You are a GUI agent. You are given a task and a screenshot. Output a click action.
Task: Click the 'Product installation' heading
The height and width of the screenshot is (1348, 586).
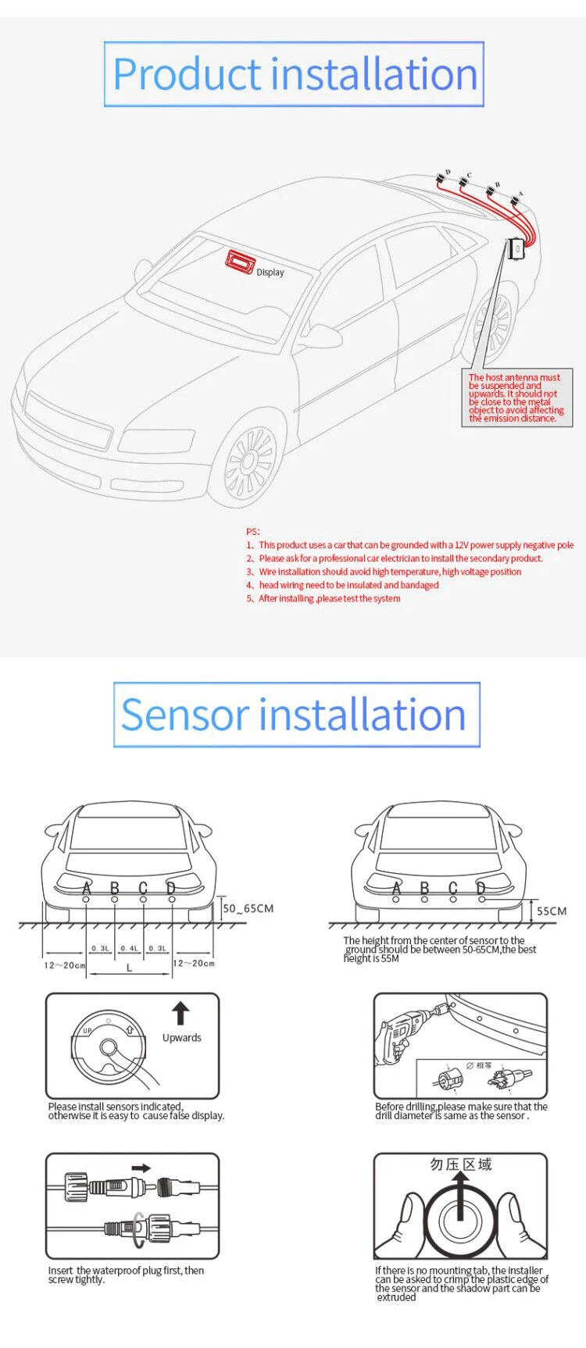pos(294,74)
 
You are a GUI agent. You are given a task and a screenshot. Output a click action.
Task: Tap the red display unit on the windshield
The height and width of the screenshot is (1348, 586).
pos(240,262)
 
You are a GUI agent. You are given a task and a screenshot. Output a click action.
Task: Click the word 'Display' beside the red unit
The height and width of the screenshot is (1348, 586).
pos(270,273)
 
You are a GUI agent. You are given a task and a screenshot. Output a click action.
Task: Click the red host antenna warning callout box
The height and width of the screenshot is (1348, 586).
pos(516,398)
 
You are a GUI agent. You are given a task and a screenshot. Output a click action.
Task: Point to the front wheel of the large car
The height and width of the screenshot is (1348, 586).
pos(249,464)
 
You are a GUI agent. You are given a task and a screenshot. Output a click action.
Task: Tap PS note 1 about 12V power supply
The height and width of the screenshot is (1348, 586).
pos(410,545)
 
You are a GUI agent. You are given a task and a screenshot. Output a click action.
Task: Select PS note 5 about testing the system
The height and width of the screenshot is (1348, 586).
pos(323,598)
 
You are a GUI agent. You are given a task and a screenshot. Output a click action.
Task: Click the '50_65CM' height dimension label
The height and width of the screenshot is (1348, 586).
pos(248,908)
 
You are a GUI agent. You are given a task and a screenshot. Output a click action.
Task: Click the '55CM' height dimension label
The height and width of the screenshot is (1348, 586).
pos(552,911)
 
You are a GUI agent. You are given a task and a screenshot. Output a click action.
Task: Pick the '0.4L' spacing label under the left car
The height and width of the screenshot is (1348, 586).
pos(129,948)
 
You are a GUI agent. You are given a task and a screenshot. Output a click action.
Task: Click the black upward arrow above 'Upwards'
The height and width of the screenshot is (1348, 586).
pos(180,1013)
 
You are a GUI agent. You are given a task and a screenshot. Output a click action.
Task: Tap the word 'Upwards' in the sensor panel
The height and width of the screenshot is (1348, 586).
pos(182,1038)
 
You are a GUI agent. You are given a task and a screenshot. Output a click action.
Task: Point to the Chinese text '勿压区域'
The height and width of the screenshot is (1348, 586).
pos(461,1164)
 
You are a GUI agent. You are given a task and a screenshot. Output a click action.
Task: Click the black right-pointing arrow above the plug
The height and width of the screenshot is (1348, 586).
pos(141,1168)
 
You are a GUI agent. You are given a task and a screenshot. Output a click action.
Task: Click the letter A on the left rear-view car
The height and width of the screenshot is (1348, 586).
pos(87,888)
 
